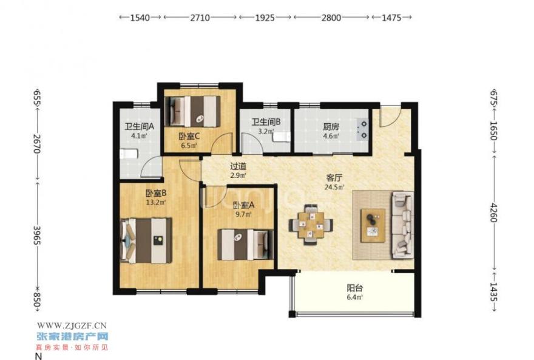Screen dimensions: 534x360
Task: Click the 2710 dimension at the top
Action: pyautogui.click(x=200, y=18)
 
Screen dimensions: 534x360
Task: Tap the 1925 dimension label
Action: pyautogui.click(x=265, y=18)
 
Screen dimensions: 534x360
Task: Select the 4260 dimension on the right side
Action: pyautogui.click(x=494, y=212)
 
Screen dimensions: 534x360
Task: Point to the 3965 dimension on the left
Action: pyautogui.click(x=37, y=236)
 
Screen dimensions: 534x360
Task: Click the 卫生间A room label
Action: pyautogui.click(x=140, y=127)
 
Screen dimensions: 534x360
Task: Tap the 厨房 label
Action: pyautogui.click(x=331, y=127)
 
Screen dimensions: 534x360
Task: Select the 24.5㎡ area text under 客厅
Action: pyautogui.click(x=334, y=186)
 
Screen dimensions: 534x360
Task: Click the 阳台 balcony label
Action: pyautogui.click(x=354, y=288)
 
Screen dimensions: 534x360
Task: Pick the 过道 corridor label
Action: pyautogui.click(x=238, y=166)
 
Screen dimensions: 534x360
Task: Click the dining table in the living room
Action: pyautogui.click(x=311, y=225)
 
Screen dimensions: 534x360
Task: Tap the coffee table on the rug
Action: pyautogui.click(x=373, y=225)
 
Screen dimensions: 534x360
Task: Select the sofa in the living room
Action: pyautogui.click(x=403, y=225)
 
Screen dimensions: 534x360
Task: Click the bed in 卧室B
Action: pyautogui.click(x=146, y=240)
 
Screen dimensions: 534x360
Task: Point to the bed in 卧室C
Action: pyautogui.click(x=192, y=111)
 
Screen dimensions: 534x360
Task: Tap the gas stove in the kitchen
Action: pyautogui.click(x=362, y=129)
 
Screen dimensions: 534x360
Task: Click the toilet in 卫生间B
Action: pyautogui.click(x=282, y=137)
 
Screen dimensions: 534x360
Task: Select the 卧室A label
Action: pyautogui.click(x=243, y=205)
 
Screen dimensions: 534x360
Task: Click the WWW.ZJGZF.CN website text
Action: pyautogui.click(x=72, y=325)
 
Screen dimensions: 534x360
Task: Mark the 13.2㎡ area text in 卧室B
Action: pyautogui.click(x=156, y=202)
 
